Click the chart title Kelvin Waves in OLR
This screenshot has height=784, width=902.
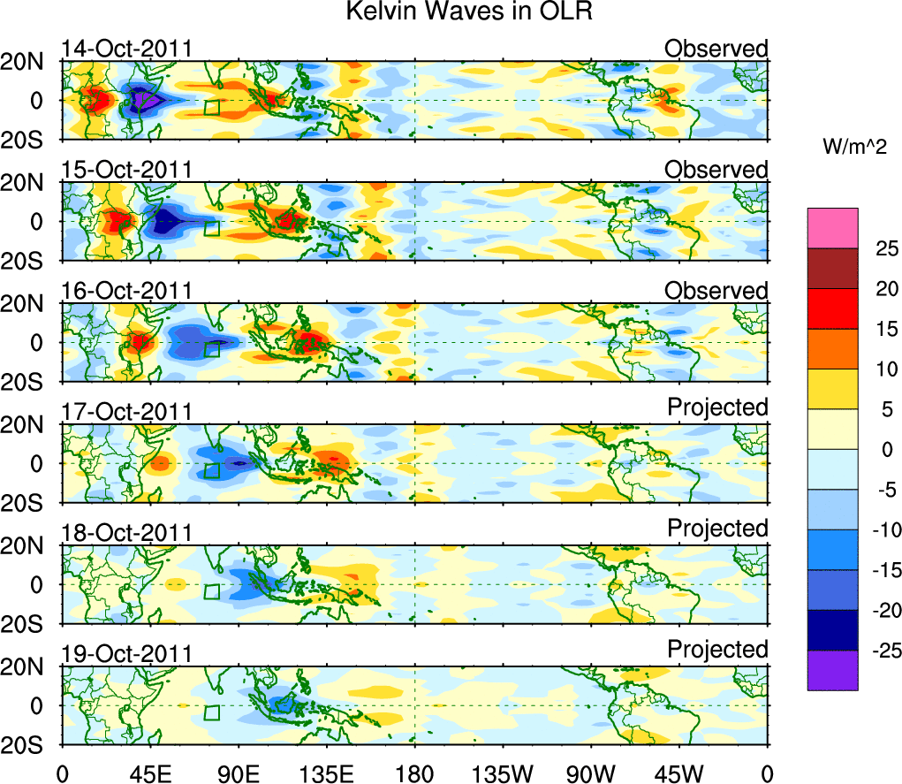click(451, 12)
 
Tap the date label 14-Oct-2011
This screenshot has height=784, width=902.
click(126, 49)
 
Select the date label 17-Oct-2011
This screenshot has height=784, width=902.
click(126, 412)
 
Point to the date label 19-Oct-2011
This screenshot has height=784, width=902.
click(126, 654)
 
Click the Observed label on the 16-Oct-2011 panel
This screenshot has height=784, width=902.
click(716, 291)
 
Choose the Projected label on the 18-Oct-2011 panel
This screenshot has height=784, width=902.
click(717, 528)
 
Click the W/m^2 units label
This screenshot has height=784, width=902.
click(854, 148)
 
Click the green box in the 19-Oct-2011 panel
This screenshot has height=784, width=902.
click(212, 712)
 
